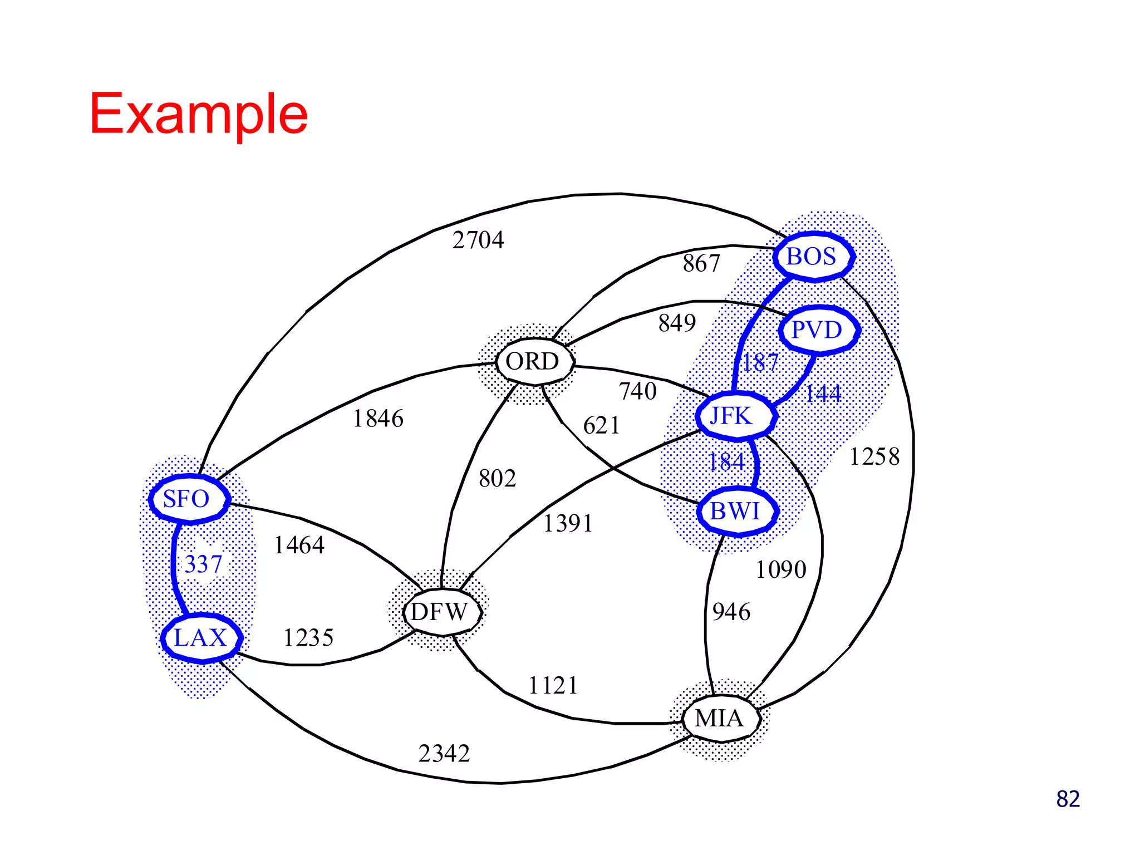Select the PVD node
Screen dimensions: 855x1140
[818, 330]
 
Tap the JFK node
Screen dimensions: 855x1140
[735, 416]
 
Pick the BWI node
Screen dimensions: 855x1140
[736, 511]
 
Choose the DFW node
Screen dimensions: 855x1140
[441, 612]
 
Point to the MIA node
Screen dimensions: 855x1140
[720, 718]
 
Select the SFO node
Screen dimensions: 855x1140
[189, 499]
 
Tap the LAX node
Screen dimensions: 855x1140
[201, 638]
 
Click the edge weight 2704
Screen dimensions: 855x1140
[478, 240]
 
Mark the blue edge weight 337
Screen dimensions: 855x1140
[203, 564]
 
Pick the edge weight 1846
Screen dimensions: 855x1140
[378, 419]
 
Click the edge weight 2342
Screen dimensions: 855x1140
[444, 754]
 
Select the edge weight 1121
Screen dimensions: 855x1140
[553, 685]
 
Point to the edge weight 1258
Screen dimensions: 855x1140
[874, 457]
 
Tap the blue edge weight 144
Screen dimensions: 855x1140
[823, 394]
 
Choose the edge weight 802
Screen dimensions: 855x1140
[497, 479]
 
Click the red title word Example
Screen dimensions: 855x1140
[199, 114]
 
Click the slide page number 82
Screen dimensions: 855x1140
[1067, 799]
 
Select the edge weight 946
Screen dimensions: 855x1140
[731, 612]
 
